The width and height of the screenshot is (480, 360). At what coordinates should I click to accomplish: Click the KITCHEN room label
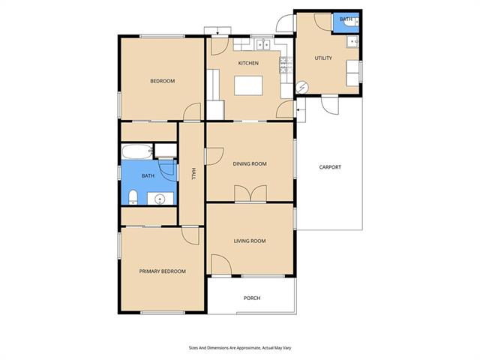pos(248,63)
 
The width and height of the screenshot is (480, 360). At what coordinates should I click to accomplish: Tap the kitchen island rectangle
pos(248,85)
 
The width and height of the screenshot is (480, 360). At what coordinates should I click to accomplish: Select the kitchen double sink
pos(263,45)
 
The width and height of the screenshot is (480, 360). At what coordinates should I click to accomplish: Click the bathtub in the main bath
pos(137,151)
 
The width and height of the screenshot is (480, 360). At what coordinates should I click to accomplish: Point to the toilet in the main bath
pos(133,196)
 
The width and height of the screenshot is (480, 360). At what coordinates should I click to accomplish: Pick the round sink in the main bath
pos(160,199)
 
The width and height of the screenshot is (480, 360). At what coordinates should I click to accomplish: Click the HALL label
pos(193,173)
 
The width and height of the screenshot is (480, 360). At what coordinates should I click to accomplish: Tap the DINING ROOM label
pos(250,163)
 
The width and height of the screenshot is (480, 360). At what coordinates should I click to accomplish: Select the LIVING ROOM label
pos(250,241)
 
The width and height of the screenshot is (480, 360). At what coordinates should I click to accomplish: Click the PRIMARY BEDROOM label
pos(162,271)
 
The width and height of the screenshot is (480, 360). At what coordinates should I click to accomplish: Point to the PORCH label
pos(252,298)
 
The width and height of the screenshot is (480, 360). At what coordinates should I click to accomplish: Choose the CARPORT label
pos(330,167)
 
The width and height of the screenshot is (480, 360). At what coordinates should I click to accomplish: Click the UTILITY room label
pos(323,58)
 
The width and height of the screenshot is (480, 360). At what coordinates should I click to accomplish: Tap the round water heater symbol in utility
pos(302,88)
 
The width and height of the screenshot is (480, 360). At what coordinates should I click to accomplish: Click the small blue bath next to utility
pos(346,22)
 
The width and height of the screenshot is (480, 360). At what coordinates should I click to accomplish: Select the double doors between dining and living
pos(250,193)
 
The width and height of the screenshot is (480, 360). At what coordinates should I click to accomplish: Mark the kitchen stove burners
pos(283,65)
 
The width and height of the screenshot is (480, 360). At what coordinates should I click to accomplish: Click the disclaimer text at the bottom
pos(240,348)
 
